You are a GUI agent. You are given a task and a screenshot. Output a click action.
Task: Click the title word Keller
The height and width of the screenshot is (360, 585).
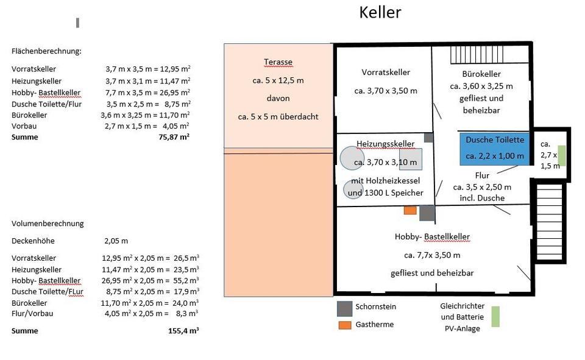[380, 12]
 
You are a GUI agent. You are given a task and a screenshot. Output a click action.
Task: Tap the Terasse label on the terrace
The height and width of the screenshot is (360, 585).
[278, 62]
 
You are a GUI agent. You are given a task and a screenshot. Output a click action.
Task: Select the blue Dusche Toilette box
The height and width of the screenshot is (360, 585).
[494, 149]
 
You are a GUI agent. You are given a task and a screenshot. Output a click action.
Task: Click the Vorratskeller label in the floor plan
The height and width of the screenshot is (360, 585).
[386, 72]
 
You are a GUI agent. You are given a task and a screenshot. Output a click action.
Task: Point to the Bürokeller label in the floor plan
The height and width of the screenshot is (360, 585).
[481, 74]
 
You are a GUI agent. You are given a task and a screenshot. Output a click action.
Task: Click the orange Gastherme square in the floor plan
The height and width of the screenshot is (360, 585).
[410, 210]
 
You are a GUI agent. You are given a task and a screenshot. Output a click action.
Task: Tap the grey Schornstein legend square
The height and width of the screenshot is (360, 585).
[344, 308]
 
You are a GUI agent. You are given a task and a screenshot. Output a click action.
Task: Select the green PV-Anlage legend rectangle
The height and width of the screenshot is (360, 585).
[495, 317]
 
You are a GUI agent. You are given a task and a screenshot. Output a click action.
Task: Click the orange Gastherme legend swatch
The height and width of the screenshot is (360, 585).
[345, 325]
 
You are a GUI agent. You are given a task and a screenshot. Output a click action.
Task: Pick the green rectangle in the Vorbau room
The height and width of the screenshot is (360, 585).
[561, 155]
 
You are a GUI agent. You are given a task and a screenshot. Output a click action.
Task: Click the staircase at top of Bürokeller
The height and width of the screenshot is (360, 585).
[477, 54]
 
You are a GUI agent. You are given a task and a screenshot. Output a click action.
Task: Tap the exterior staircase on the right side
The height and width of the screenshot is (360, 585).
[549, 222]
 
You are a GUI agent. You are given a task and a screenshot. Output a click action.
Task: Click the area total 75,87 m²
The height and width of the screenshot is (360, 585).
[174, 137]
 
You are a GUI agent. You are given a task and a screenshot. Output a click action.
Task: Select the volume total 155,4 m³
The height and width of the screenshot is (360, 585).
[183, 331]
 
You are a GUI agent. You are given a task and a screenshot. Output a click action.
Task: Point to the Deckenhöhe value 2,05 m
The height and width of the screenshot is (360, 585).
[116, 241]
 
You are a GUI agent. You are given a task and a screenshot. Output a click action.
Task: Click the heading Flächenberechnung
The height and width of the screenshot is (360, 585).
[46, 51]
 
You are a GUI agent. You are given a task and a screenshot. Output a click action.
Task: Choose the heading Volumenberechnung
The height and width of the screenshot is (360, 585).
[48, 224]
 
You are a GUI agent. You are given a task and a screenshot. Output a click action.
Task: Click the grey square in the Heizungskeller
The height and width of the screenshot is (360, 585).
[411, 160]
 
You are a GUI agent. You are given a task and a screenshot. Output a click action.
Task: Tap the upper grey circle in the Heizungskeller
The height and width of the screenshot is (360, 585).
[352, 158]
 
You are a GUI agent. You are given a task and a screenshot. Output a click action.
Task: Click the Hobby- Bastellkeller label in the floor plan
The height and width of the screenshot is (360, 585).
[432, 236]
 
